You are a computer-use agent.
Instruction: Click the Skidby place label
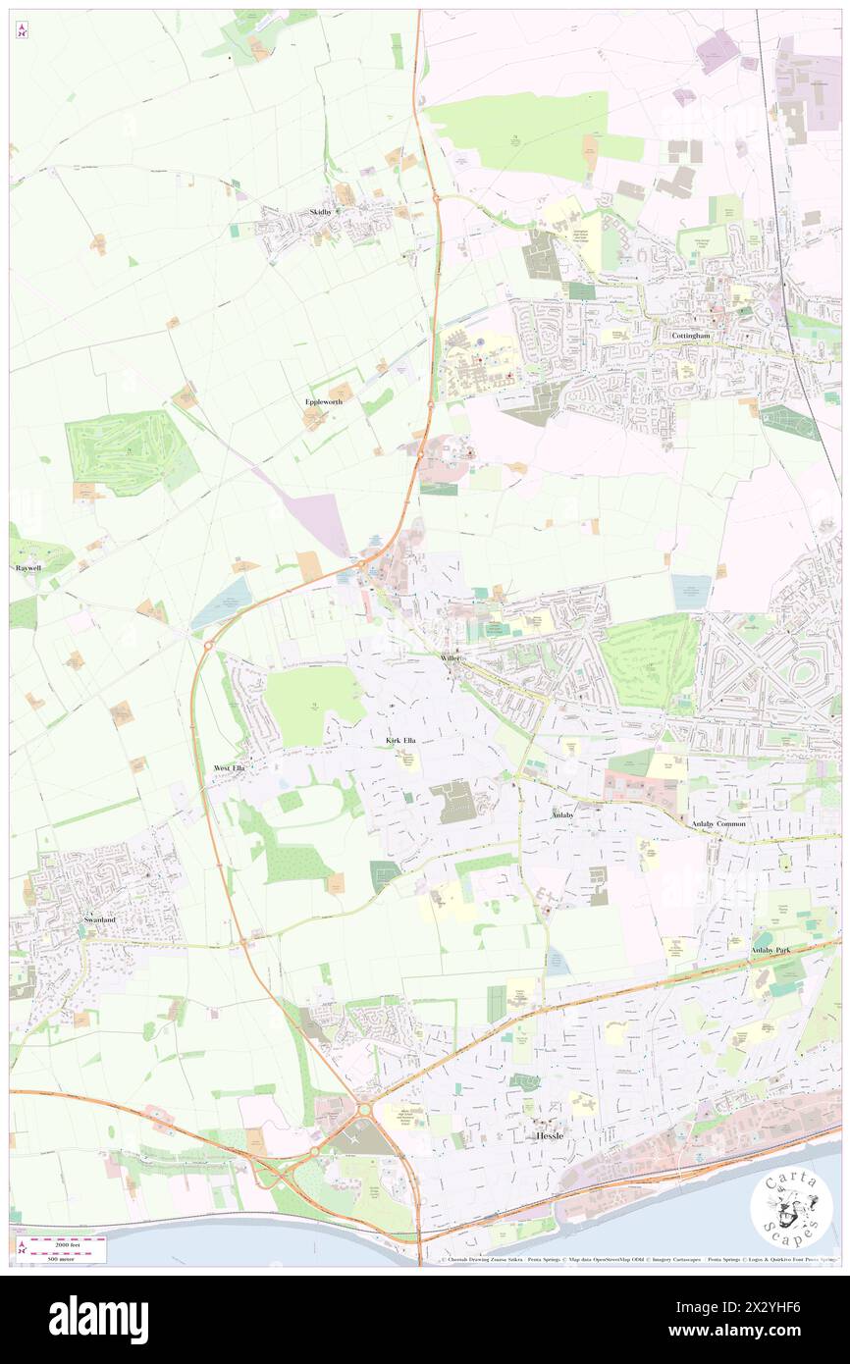coord(321,212)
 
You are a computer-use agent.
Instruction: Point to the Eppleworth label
coord(323,402)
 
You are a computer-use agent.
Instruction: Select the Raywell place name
coord(27,568)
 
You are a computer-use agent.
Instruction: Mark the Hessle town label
coord(549,1134)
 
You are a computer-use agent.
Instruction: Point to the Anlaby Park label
coord(769,950)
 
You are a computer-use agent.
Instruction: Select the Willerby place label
coord(451,656)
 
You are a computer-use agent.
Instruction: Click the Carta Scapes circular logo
coord(791,1210)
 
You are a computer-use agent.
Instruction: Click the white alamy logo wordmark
coord(98,1320)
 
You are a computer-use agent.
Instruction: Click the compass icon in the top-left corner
coord(22,29)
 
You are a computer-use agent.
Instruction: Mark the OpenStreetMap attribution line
coord(638,1261)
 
